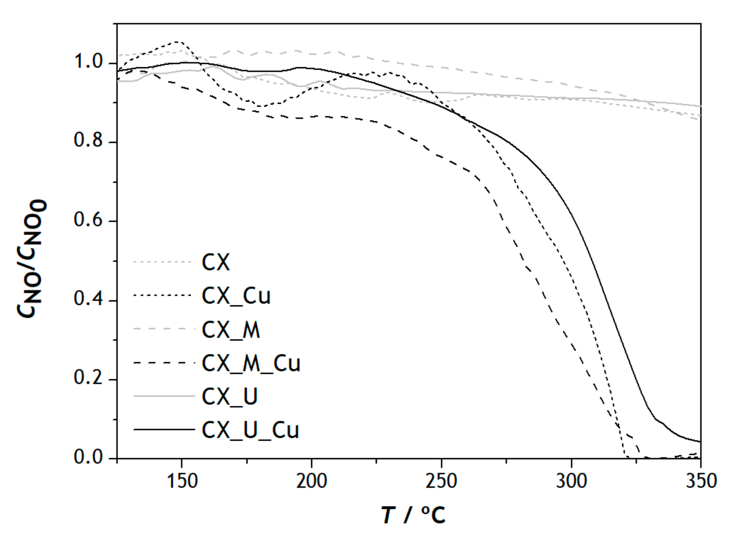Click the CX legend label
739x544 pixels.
click(x=216, y=263)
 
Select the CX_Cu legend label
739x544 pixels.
click(x=236, y=296)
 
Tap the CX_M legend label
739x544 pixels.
click(x=231, y=330)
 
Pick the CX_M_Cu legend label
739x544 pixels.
click(x=251, y=363)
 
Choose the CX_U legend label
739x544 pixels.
click(x=229, y=396)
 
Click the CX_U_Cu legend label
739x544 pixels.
click(x=250, y=430)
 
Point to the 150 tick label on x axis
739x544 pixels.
click(x=182, y=481)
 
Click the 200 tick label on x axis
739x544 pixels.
click(x=311, y=481)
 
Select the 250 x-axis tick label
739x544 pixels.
click(x=441, y=481)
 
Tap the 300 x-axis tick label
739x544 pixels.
click(x=571, y=481)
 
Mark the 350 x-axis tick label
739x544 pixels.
click(x=701, y=481)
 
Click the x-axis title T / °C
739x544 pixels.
click(x=413, y=515)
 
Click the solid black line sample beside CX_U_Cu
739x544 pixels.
click(x=164, y=429)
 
